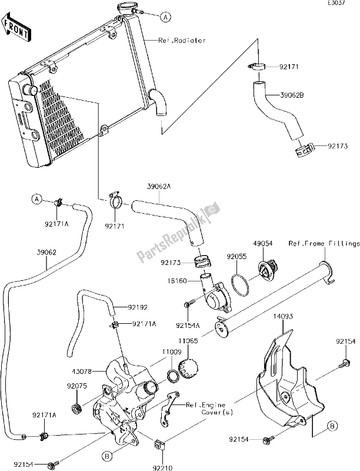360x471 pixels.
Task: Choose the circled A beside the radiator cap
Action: [166, 17]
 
